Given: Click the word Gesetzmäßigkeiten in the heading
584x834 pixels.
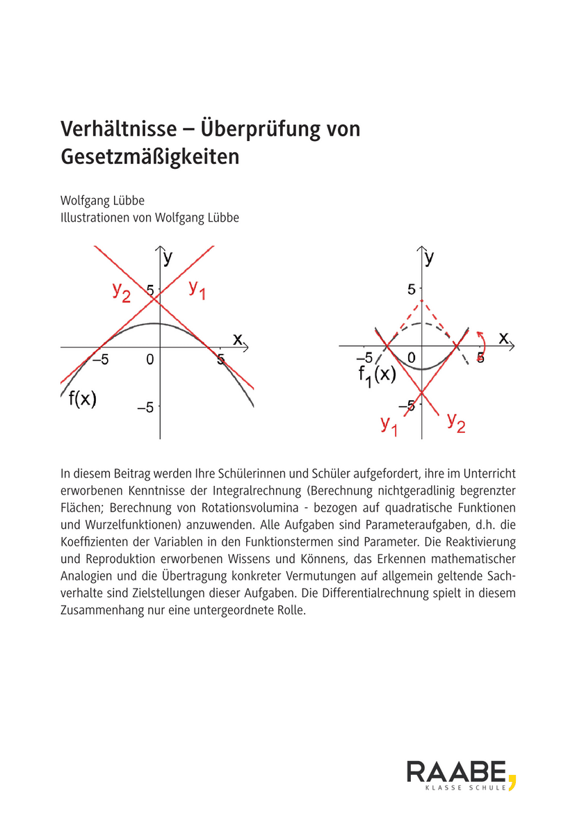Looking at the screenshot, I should (149, 156).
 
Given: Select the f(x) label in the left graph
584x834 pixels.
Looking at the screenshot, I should (82, 399).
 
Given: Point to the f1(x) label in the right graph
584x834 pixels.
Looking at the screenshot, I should (377, 375).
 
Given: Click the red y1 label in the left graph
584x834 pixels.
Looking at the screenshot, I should (197, 290).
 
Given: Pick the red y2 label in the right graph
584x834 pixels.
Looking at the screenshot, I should (456, 421).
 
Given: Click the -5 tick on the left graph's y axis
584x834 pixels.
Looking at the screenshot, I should (145, 408).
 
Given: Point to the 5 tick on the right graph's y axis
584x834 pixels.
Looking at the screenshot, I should (411, 288).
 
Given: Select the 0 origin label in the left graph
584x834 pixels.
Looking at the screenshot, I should (149, 359).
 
